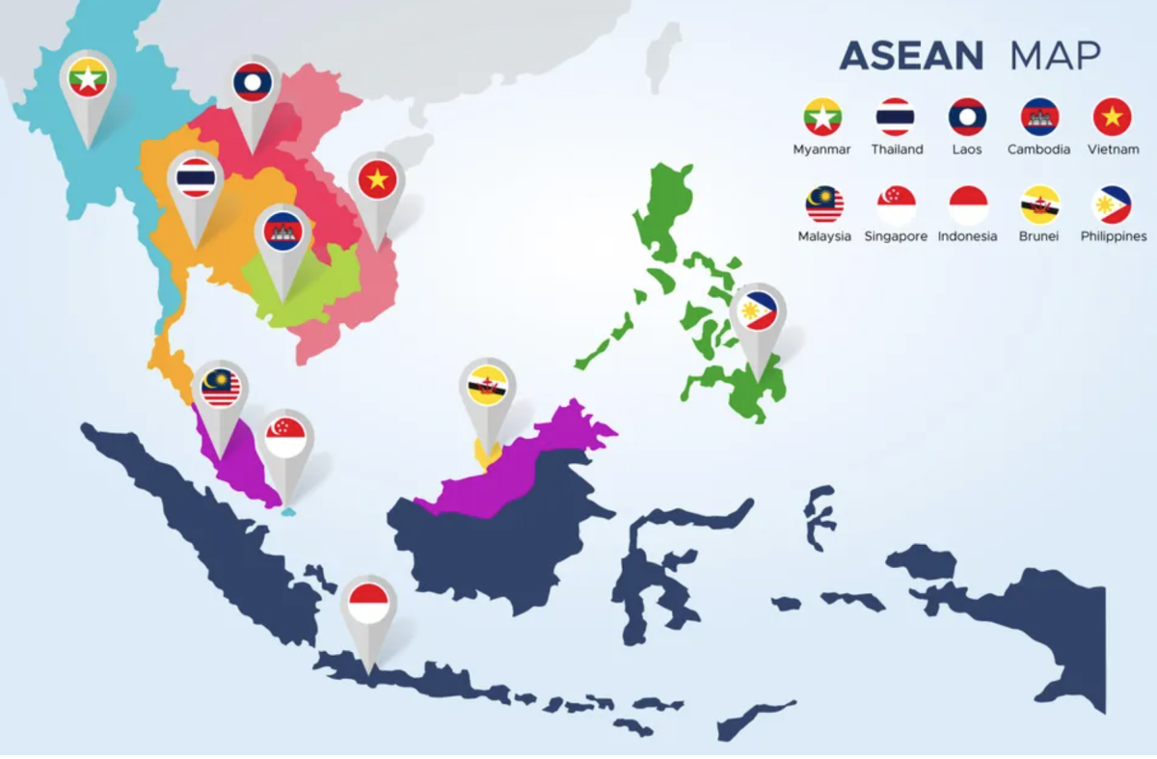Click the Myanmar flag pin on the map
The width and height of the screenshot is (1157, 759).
[88, 80]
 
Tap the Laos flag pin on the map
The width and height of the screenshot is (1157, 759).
[253, 84]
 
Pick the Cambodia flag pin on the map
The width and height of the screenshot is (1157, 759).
[283, 232]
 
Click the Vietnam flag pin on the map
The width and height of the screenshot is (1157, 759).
[377, 180]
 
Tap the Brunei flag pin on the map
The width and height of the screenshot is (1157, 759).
[488, 387]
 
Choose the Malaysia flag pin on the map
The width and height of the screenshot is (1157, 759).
[221, 389]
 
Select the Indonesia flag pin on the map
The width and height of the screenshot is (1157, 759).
[368, 605]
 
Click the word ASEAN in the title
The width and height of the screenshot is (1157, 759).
[911, 56]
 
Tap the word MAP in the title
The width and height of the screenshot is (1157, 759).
[1055, 56]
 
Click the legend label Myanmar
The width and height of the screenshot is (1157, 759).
[822, 149]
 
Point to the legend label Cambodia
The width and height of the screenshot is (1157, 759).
[1038, 149]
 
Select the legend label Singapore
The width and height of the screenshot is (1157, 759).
[896, 236]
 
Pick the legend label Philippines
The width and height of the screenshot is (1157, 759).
[1113, 236]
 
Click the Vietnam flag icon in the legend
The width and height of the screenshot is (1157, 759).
[1112, 117]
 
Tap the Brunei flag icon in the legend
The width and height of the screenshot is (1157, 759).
[1040, 204]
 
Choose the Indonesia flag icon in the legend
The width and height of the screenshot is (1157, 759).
[968, 204]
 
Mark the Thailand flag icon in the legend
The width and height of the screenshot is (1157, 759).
[896, 117]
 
